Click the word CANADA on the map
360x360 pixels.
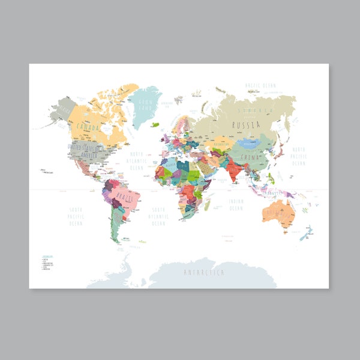coord(88,127)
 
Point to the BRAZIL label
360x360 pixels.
coord(125,197)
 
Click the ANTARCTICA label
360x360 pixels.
coord(204,272)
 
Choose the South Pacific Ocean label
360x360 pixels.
coord(76,215)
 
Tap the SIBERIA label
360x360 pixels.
coord(254,111)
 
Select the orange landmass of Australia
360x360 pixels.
coord(278,211)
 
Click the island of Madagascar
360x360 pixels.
coord(208,204)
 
